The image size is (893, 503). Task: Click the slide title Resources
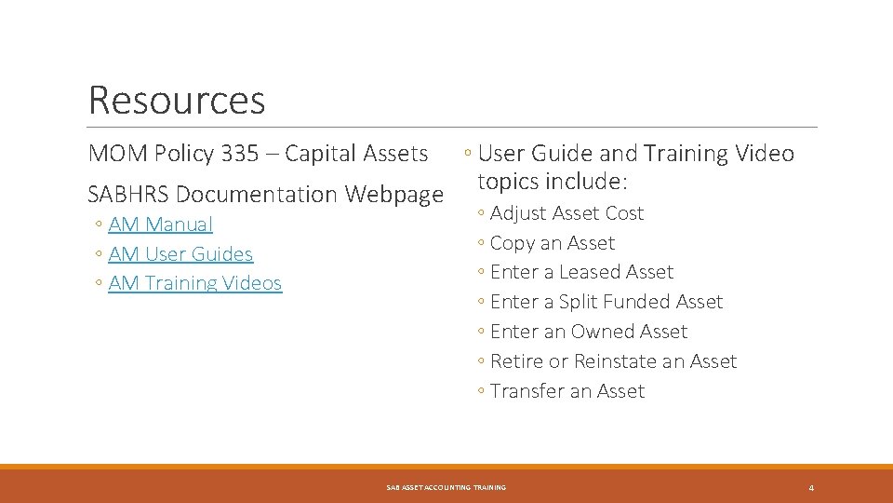coord(177,101)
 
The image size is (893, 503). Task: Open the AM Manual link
coord(160,224)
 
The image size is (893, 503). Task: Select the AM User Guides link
coord(180,254)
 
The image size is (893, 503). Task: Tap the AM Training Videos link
coord(194,283)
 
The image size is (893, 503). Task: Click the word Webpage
coord(394,195)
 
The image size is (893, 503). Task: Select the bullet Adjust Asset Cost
coord(566,213)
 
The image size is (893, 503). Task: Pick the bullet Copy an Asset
coord(552,243)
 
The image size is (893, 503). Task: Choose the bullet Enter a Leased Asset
coord(581,272)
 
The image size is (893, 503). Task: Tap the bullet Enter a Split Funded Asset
coord(606,302)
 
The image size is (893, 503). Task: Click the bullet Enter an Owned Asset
coord(588,332)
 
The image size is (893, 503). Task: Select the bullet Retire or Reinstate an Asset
coord(613,361)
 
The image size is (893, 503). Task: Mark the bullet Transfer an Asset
coord(566,391)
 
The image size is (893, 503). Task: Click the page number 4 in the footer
coord(811,488)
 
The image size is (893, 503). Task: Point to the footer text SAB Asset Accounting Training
coord(446,488)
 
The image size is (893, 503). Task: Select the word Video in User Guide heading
coord(766,154)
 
